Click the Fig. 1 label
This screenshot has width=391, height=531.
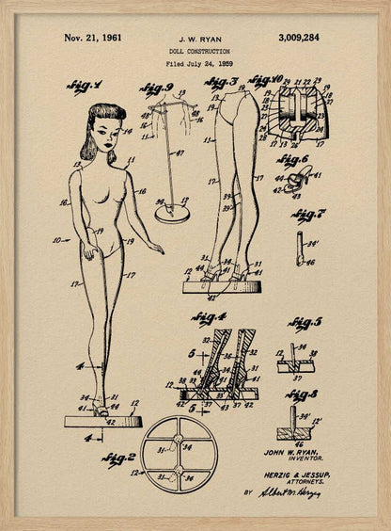(85, 88)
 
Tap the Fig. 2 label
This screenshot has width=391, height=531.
(119, 459)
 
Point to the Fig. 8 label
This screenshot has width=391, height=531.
(305, 395)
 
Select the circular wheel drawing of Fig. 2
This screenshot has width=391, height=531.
(180, 455)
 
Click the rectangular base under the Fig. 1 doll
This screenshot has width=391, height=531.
(103, 421)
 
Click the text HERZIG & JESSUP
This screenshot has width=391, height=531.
(303, 475)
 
